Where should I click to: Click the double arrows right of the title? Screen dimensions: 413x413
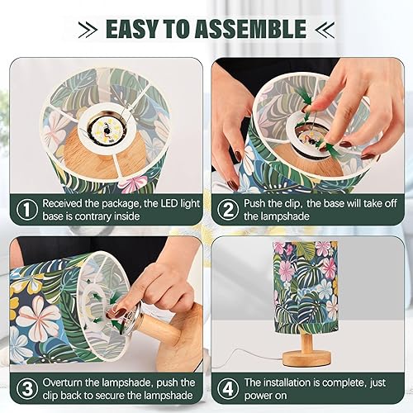point(323,29)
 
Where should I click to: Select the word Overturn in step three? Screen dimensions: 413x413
point(65,383)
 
